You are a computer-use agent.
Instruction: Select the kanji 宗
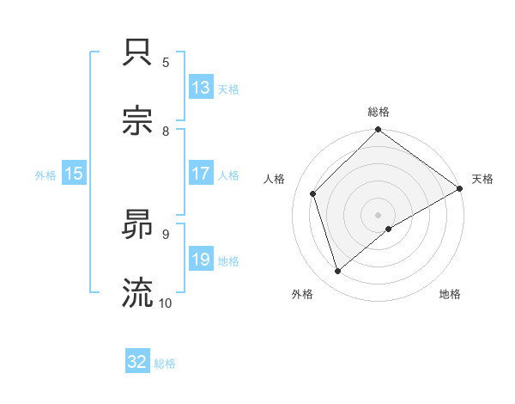coord(138,120)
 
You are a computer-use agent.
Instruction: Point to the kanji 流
coord(138,292)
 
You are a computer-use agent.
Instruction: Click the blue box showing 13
coord(201,87)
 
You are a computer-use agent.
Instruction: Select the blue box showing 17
coord(201,174)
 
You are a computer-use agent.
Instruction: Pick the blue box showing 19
coord(201,260)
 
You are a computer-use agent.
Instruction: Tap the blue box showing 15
coord(74,174)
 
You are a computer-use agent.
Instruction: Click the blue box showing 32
coord(137,362)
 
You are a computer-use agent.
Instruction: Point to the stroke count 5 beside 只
coord(166,62)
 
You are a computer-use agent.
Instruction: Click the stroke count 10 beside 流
coord(166,303)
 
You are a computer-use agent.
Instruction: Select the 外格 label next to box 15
coord(45,174)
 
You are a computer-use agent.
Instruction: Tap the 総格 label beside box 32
coord(165,363)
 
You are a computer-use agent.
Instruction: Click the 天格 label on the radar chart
coord(482,179)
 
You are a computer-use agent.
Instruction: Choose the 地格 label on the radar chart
coord(450,295)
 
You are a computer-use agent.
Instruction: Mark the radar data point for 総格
coord(379,132)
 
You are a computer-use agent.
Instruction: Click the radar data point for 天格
coord(460,188)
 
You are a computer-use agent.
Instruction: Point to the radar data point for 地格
coord(389,229)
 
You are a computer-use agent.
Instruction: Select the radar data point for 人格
coord(313,193)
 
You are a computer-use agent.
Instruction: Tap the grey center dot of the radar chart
coord(379,214)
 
